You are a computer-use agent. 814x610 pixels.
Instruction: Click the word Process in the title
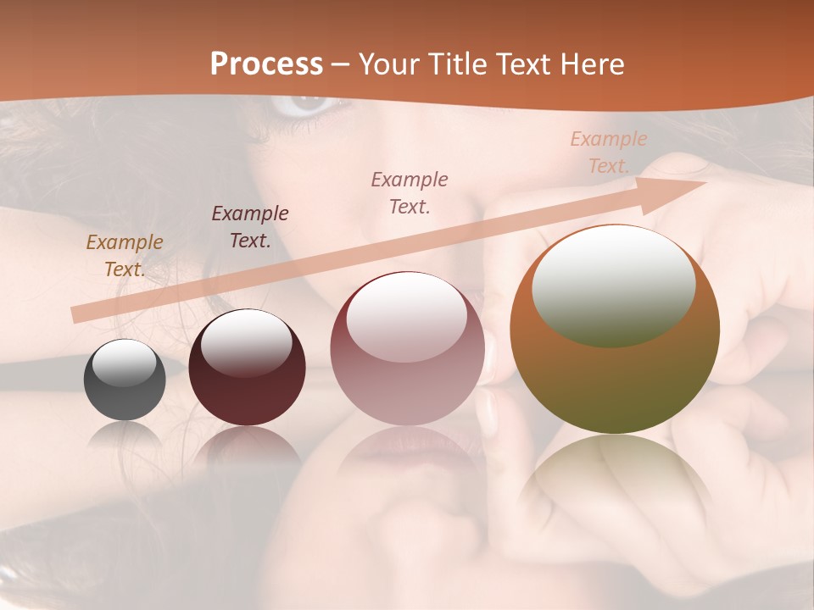(266, 64)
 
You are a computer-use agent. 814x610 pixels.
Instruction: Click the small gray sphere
(125, 380)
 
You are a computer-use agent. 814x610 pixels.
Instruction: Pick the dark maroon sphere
(247, 368)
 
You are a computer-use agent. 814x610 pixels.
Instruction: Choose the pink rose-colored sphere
(407, 348)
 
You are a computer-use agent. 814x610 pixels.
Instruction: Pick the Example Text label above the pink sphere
(410, 193)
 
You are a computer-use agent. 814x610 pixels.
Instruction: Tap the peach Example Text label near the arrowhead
(608, 152)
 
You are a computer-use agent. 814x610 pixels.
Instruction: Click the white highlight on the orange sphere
(613, 285)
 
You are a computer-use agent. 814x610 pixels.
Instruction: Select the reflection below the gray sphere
(125, 435)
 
